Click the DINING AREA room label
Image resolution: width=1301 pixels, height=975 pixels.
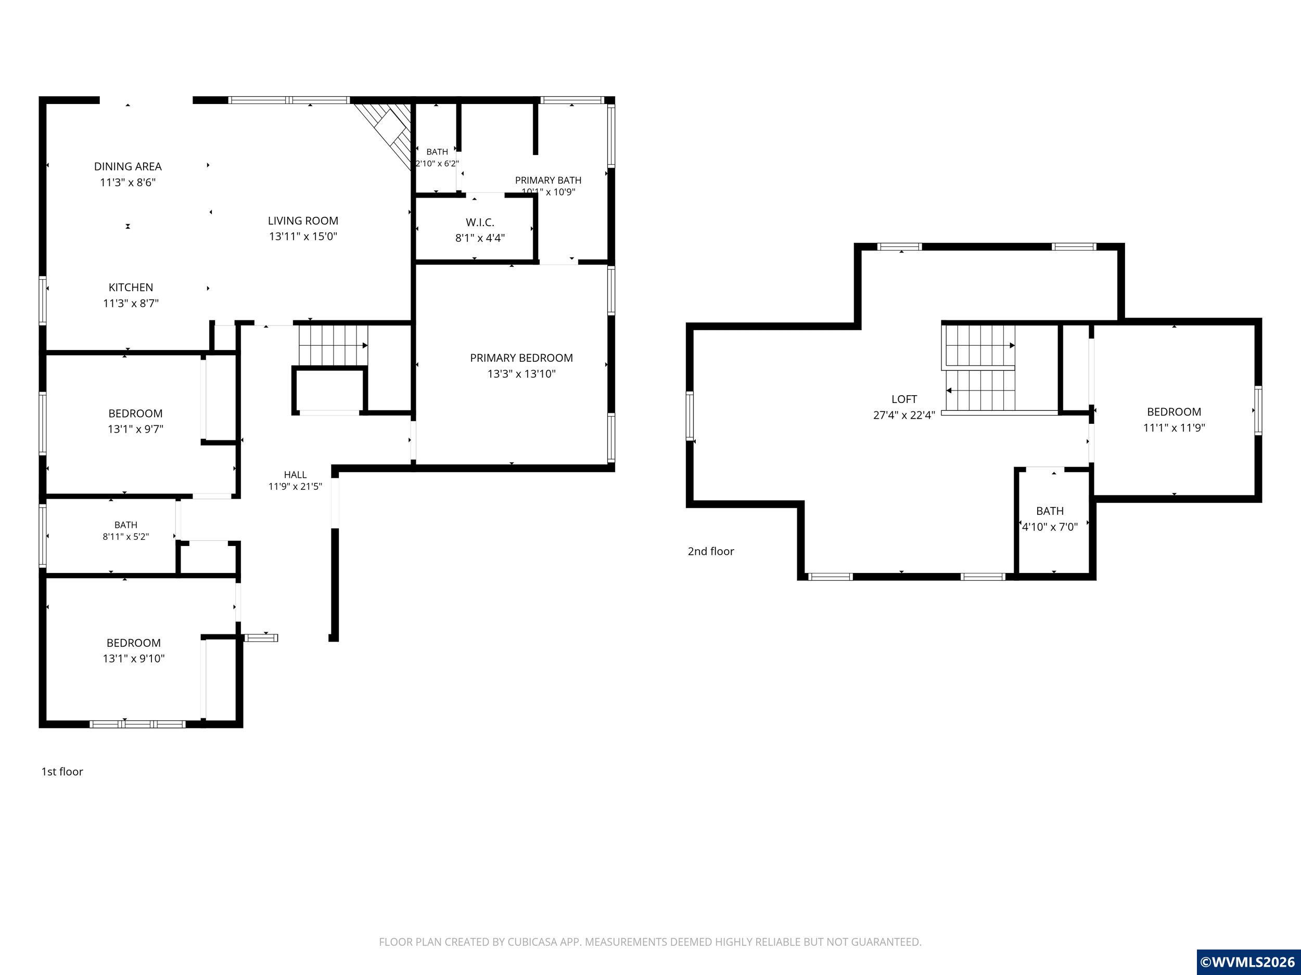coord(127,166)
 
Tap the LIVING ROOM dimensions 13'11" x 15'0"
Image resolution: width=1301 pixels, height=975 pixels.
coord(303,236)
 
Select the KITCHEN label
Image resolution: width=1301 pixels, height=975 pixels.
coord(131,288)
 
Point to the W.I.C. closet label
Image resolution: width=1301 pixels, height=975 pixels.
coord(480,222)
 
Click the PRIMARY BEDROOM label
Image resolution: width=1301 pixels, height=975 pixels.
coord(521,358)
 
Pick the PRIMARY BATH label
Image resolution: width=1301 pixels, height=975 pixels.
coord(548,180)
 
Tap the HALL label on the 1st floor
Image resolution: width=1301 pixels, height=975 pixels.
coord(295,474)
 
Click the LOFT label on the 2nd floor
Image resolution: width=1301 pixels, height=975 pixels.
coord(904,399)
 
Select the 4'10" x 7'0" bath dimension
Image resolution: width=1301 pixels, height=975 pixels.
coord(1050,527)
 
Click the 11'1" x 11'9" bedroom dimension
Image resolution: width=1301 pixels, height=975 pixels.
coord(1174,427)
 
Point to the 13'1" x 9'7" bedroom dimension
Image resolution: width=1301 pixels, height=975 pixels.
coord(135,429)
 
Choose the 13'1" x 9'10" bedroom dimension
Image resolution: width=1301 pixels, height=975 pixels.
coord(134,658)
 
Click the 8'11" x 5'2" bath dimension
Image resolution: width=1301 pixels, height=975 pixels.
coord(126,537)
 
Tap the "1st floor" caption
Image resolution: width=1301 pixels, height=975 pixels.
coord(62,772)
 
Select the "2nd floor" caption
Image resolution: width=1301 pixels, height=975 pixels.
coord(710,551)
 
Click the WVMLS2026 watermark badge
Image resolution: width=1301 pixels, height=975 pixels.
coord(1248,962)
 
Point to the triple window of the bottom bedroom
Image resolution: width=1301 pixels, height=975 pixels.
coord(137,724)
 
